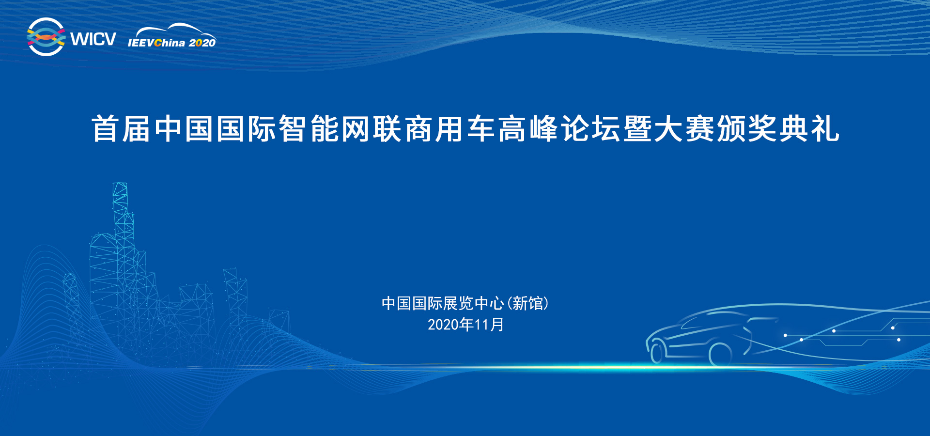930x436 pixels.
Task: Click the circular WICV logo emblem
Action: pos(46,37)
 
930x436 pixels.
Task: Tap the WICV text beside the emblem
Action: pos(93,39)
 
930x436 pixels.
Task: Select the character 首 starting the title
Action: pos(106,129)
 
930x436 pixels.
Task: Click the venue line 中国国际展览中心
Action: pos(443,303)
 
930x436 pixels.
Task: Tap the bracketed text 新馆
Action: pos(527,303)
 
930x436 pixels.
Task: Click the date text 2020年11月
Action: pos(465,325)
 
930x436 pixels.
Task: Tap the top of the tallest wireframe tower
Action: pos(120,184)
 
